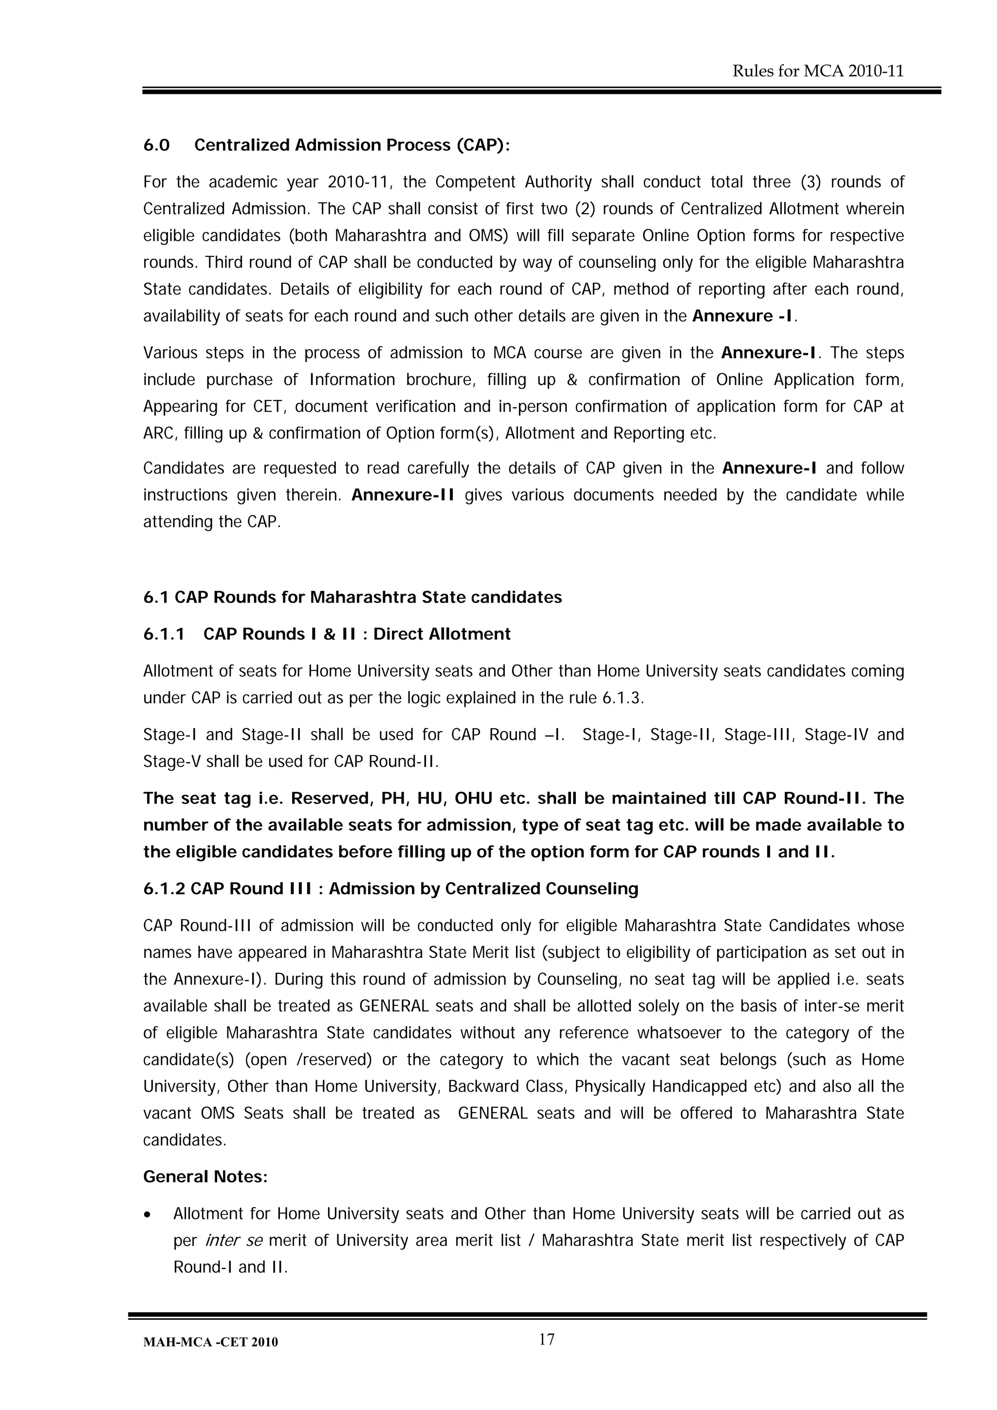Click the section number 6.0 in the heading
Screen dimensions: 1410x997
point(156,146)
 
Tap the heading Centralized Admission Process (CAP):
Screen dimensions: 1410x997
point(352,146)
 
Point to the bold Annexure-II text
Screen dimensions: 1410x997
point(403,495)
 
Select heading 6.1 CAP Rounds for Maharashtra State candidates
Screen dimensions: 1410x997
point(352,598)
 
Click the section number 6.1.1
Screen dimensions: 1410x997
point(164,634)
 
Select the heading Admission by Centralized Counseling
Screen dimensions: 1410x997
point(483,889)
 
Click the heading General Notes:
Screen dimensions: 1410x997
point(205,1177)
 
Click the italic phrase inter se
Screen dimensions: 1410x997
point(234,1241)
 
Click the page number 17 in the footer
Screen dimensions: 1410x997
point(546,1340)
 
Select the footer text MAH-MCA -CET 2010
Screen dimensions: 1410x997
point(210,1342)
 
